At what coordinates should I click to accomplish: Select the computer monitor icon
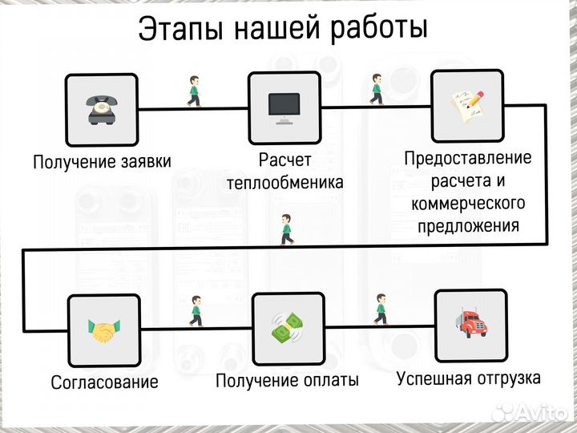click(x=284, y=107)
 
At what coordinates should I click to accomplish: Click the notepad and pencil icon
click(x=468, y=105)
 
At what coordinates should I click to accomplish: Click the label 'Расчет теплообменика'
click(x=284, y=171)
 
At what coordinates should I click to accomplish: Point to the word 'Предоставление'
click(x=467, y=158)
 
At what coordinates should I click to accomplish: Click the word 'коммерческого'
click(x=468, y=203)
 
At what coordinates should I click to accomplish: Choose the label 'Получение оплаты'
click(x=287, y=380)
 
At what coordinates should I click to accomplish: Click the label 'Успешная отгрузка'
click(x=469, y=377)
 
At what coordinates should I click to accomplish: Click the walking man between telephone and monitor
click(x=193, y=91)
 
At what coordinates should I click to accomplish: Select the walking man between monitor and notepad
click(x=377, y=89)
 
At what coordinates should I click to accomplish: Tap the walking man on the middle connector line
click(x=286, y=230)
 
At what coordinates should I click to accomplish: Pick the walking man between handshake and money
click(x=195, y=311)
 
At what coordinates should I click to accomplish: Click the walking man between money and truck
click(x=380, y=309)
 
